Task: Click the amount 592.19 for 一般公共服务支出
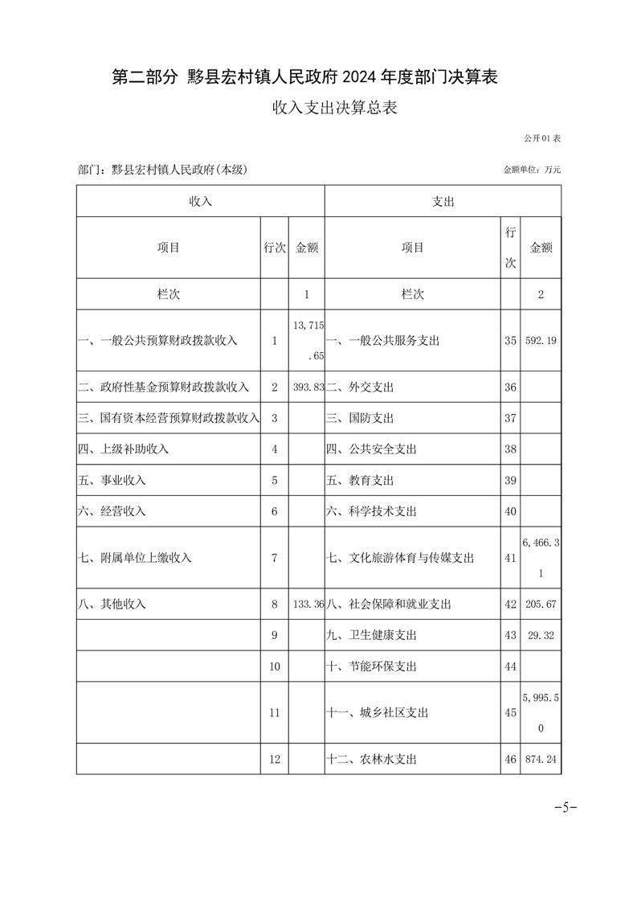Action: point(541,341)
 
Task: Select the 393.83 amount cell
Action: point(308,387)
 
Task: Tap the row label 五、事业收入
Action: point(112,481)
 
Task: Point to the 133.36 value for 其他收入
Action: point(308,604)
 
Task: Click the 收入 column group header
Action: point(200,202)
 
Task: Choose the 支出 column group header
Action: point(443,202)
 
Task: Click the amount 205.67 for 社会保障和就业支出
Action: point(541,604)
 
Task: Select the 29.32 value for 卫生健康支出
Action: point(541,635)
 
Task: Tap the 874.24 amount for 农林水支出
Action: point(541,759)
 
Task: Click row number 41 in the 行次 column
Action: point(510,558)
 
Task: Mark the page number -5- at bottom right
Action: point(566,808)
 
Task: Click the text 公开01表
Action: point(542,139)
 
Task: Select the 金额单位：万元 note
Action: point(532,170)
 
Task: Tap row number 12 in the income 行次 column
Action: point(274,759)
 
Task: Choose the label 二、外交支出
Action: point(360,387)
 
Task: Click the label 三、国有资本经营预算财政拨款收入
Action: point(169,419)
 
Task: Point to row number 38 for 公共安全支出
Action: point(510,449)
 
